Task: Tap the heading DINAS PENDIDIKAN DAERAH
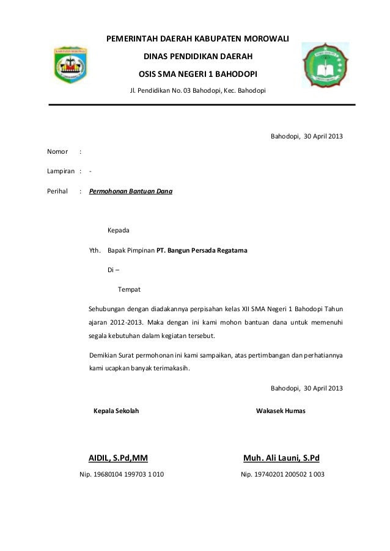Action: click(197, 57)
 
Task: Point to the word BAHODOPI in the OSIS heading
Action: click(236, 74)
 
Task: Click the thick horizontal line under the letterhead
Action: click(202, 105)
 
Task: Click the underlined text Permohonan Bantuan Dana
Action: click(130, 192)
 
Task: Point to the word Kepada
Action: click(118, 231)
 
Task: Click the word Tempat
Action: click(129, 289)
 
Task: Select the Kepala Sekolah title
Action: click(116, 411)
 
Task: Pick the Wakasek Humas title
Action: click(281, 411)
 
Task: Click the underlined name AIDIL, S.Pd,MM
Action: click(119, 457)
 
